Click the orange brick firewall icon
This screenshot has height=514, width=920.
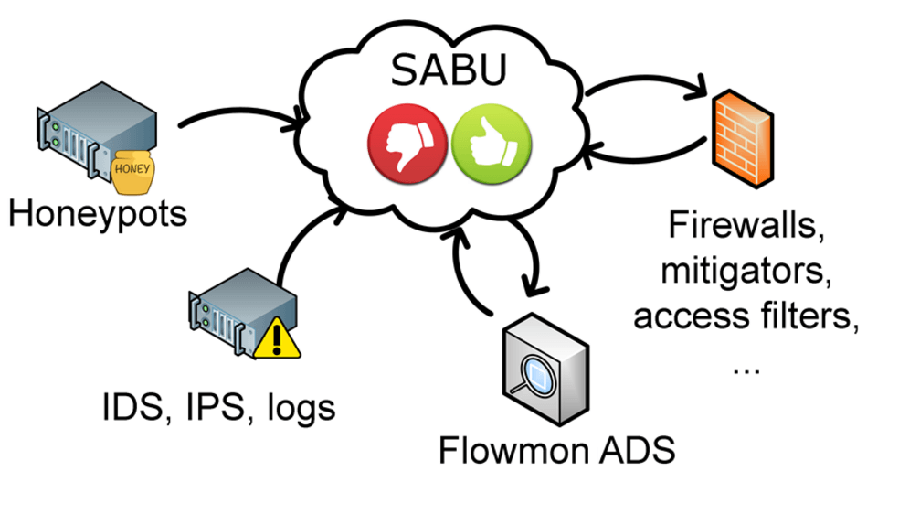[742, 136]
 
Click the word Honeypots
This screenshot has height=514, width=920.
[97, 214]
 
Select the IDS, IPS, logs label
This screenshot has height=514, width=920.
[218, 407]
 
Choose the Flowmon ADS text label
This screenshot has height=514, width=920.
[556, 450]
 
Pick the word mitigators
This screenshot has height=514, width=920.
[744, 270]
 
